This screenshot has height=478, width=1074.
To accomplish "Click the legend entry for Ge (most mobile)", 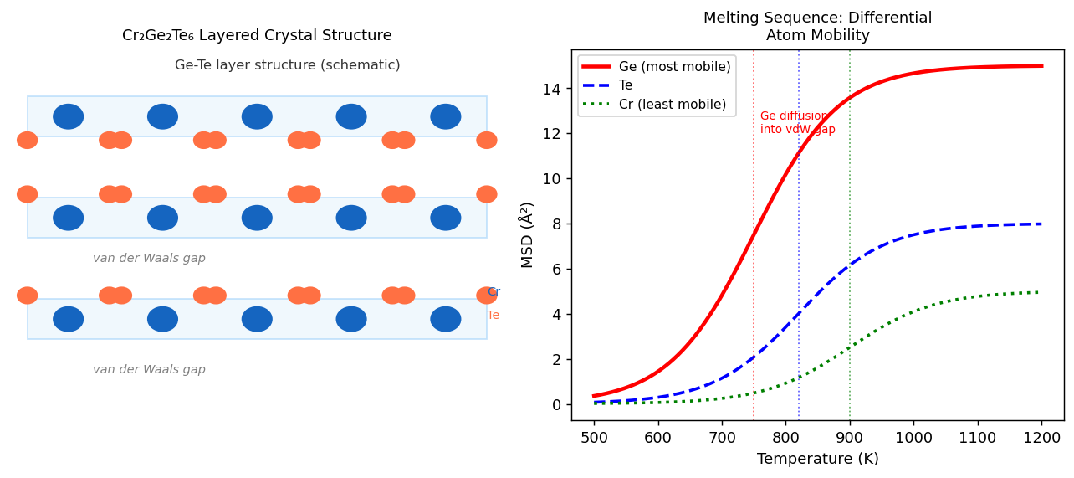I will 674,67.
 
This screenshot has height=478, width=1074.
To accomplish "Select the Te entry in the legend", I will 626,85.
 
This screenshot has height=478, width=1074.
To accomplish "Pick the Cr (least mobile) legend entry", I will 672,105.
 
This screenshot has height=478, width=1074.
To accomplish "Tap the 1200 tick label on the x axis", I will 1041,437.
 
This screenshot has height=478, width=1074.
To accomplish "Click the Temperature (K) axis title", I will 817,459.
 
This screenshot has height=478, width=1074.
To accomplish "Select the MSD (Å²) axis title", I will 527,234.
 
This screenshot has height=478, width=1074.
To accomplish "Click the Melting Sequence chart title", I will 817,27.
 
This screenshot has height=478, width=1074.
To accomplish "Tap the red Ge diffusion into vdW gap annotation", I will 797,122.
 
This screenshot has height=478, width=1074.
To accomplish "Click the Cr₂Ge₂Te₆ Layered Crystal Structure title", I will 257,36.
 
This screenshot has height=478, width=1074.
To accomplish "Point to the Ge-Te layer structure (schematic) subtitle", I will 287,65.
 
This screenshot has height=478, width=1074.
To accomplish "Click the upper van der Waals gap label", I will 149,259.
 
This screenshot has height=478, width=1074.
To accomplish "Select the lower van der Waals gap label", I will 149,370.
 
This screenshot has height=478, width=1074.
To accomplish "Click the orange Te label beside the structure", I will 494,316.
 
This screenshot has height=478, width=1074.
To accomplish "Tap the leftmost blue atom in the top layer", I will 69,116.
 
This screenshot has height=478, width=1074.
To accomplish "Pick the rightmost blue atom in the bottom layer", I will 446,319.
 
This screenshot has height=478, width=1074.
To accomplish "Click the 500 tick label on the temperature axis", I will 594,437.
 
